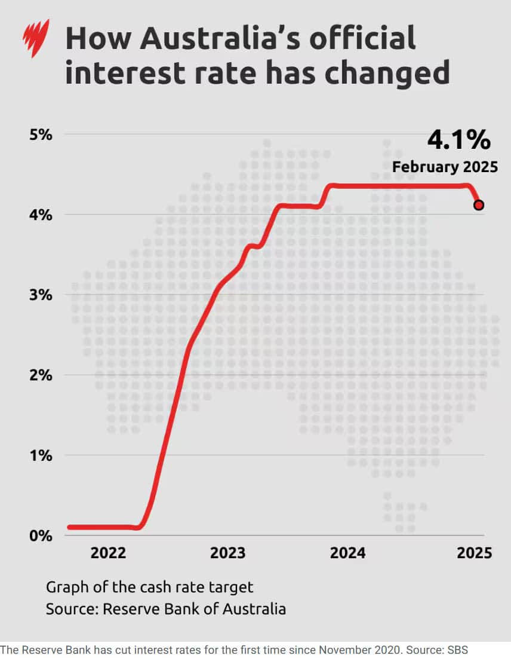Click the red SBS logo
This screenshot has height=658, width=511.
coord(35,38)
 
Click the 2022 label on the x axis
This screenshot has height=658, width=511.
coord(108,553)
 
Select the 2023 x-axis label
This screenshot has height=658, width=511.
coord(227,553)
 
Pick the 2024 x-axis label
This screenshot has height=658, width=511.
coord(347,553)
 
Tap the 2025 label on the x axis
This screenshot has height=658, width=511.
coord(474,553)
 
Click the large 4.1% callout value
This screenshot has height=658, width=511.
coord(458,140)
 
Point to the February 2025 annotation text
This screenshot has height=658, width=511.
coord(445,167)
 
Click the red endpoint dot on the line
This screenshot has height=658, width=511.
coord(479,205)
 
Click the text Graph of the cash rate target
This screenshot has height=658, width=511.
coord(150,587)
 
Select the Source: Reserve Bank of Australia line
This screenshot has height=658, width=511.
coord(166,609)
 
